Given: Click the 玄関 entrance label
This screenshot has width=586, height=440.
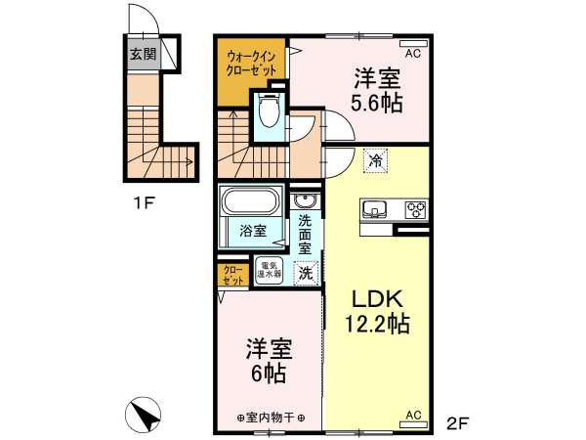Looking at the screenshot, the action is (x=143, y=55).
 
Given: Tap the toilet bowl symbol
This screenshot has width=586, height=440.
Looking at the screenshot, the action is (x=269, y=110).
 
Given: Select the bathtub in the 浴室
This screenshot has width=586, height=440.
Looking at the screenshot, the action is (x=251, y=200).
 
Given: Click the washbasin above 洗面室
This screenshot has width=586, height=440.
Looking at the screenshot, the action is (x=305, y=201).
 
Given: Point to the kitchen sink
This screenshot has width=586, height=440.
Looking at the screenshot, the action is (x=374, y=209).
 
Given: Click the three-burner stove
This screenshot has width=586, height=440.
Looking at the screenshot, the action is (x=416, y=209).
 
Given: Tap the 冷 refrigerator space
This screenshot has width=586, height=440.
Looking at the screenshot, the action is (x=376, y=160).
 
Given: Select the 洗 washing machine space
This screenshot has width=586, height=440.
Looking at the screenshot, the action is (x=306, y=273).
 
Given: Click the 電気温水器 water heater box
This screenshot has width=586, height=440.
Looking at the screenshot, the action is (x=269, y=269).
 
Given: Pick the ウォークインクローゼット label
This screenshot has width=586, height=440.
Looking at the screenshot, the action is (x=251, y=64).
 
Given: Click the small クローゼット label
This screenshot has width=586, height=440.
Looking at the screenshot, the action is (x=233, y=276).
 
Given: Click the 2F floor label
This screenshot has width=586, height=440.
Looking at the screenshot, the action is (x=457, y=423).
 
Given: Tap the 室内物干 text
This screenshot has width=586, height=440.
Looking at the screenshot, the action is (x=271, y=418).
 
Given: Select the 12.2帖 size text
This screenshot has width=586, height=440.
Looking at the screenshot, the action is (x=377, y=324).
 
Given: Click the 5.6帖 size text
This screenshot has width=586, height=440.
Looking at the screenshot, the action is (x=377, y=103).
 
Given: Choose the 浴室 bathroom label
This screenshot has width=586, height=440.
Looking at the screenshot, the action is (x=253, y=231).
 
